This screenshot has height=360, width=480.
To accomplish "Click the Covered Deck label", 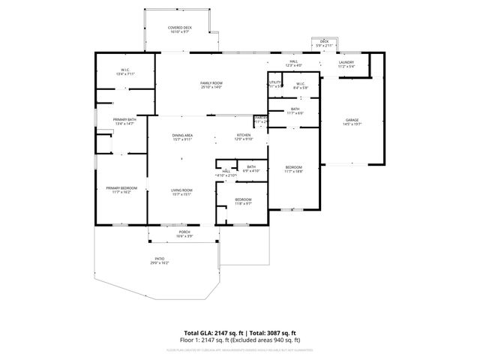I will tap(180, 28).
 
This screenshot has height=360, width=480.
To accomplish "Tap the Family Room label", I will tap(211, 84).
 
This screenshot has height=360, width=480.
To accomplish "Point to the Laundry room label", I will tap(346, 64).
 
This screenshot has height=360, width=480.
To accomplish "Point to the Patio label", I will tap(160, 260).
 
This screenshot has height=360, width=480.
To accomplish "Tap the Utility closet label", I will tap(275, 83).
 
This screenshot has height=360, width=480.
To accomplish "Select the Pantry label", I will tap(260, 118).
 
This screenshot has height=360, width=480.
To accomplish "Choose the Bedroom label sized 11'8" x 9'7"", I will tap(243, 200).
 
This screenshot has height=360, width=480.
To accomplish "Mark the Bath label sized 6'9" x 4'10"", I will tap(250, 168).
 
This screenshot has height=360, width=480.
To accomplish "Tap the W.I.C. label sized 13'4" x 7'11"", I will tap(124, 72).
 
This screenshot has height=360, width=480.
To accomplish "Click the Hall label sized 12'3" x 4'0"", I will tap(294, 64).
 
